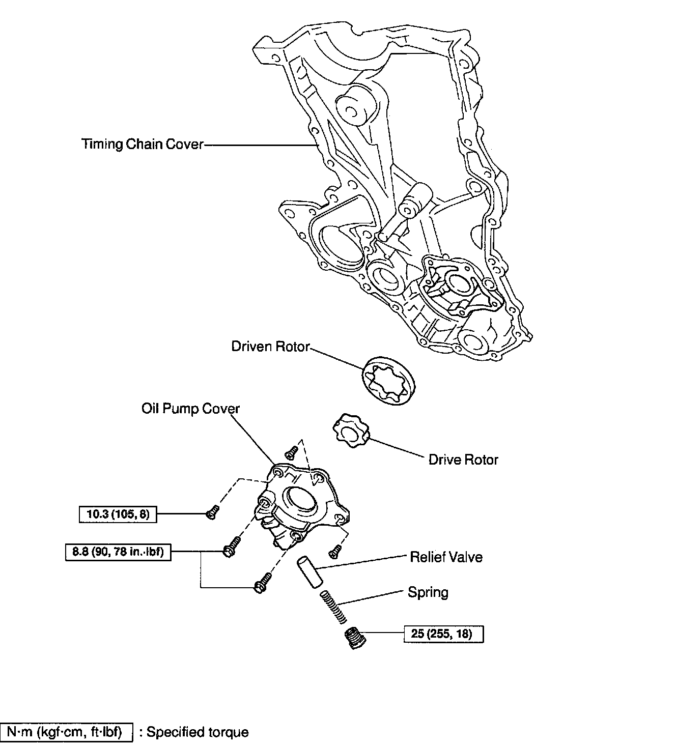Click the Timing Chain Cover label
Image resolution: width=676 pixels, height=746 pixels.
(x=143, y=145)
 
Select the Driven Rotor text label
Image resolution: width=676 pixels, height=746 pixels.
(x=270, y=347)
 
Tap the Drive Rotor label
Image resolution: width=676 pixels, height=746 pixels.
(x=463, y=460)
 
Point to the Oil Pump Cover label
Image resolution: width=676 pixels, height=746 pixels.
(x=190, y=409)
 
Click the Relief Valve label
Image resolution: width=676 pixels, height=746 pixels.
(x=446, y=557)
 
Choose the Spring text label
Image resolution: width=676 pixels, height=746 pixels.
(x=428, y=592)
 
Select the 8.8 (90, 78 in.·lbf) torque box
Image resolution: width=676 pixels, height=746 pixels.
(x=118, y=552)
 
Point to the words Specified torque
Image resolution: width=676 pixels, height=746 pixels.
(x=198, y=732)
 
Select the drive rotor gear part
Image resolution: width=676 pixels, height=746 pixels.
(x=351, y=431)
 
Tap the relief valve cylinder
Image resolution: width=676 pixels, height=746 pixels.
(x=308, y=572)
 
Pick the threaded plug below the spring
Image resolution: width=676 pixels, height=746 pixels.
(x=355, y=637)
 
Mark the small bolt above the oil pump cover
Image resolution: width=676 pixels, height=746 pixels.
(x=292, y=451)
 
